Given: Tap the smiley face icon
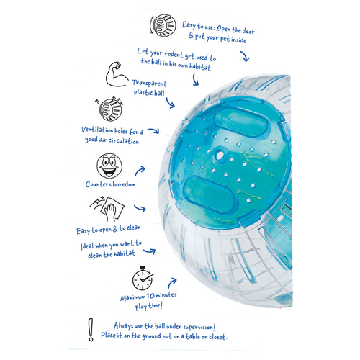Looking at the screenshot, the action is pos(109,166).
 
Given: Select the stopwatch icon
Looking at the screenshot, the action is pos(143,279).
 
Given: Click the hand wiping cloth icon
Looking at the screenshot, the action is pos(107,209).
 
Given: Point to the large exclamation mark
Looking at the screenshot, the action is pos(91,329).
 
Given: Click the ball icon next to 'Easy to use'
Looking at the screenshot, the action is pos(163,25).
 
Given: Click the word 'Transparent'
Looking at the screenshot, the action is pos(149,84).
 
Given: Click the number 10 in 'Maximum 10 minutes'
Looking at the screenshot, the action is pos(150,296).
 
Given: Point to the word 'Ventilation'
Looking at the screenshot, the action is pos(97,130).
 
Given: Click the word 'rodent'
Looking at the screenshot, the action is pos(174,54).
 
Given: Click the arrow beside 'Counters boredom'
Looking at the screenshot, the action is pos(140,171).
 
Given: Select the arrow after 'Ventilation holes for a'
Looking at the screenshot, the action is pos(153,131).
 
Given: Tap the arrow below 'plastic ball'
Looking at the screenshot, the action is pos(171,103).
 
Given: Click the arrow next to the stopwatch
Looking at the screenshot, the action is pos(172,283).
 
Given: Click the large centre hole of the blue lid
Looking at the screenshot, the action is pos(219,155).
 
